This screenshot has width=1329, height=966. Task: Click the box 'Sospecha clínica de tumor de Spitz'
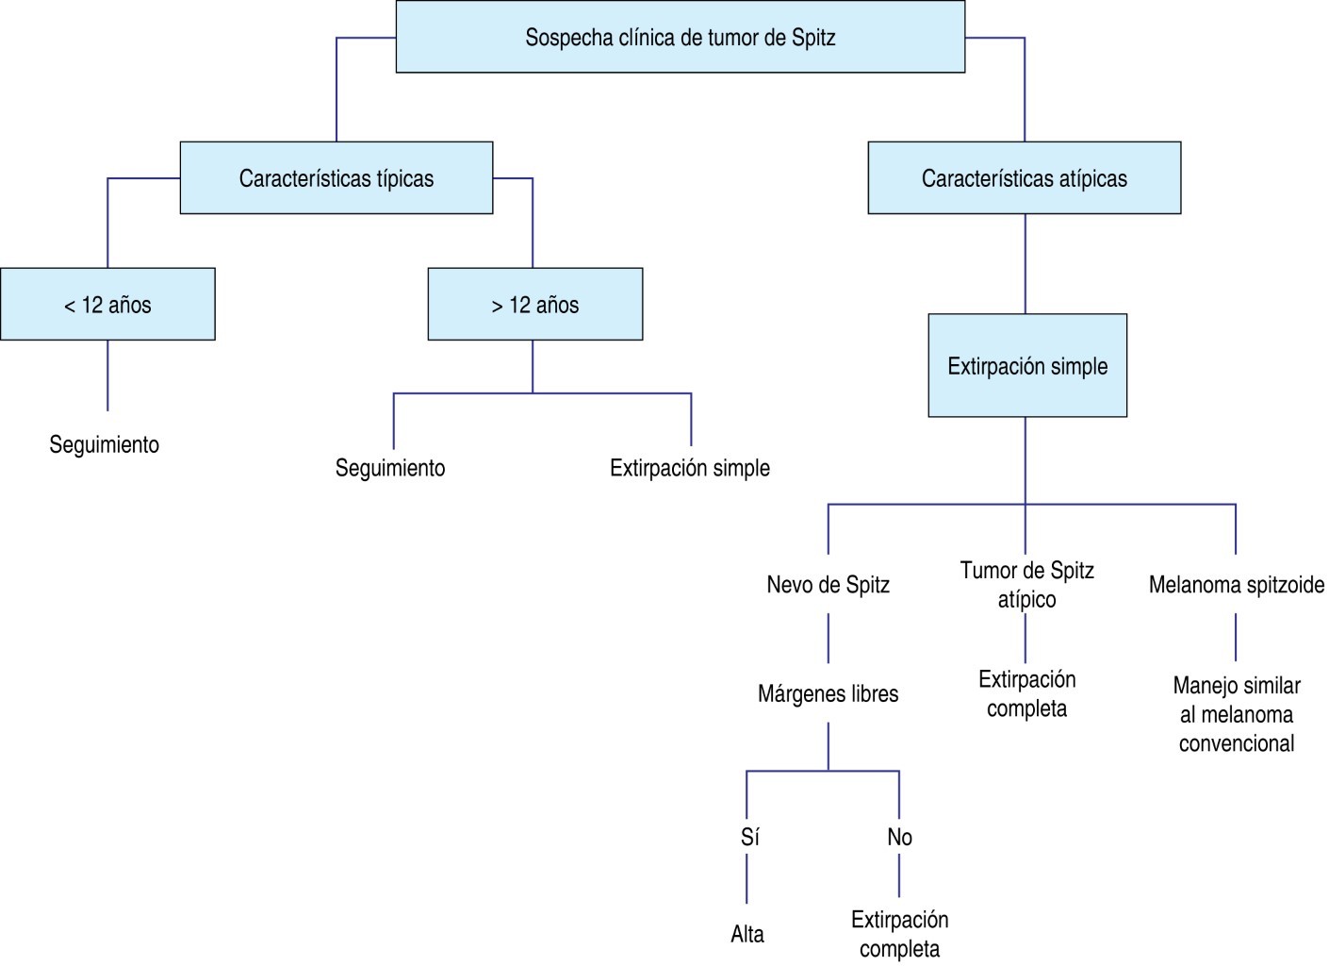[680, 38]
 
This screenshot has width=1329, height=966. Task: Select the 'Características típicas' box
[336, 178]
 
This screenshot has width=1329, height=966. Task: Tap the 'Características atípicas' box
[1024, 178]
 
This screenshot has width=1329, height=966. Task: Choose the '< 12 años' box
[107, 305]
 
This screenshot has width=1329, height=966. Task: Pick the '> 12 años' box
[534, 305]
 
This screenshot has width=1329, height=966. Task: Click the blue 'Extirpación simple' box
[1027, 366]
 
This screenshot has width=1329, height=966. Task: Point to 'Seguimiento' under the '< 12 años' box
[105, 444]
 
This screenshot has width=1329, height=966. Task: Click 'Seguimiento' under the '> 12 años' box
[390, 468]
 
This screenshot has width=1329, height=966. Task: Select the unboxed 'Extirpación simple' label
[690, 468]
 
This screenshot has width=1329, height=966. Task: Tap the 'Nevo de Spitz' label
[829, 585]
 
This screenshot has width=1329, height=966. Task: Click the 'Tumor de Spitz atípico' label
[1027, 585]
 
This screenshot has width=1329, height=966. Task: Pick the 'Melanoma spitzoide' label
[1237, 585]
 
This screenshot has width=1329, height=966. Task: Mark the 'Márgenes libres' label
[829, 694]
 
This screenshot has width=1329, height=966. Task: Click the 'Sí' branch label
[749, 838]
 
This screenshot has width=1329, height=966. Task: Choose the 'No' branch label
[899, 838]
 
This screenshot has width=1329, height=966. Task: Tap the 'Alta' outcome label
[747, 935]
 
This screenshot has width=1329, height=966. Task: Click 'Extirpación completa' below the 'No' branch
[899, 934]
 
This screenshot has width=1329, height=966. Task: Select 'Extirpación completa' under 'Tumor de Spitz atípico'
[1027, 694]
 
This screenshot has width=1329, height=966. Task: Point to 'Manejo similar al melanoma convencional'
[1237, 714]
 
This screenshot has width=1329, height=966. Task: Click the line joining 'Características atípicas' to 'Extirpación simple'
[1025, 264]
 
